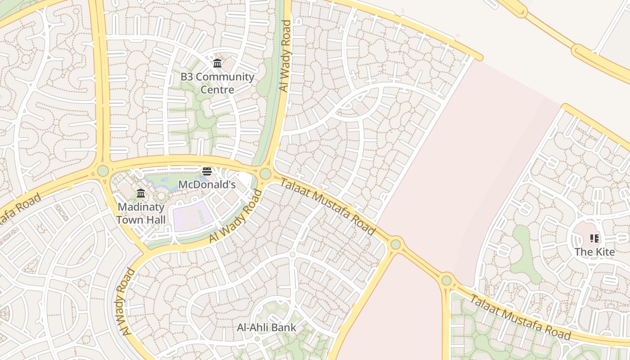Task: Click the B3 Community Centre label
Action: pyautogui.click(x=217, y=83)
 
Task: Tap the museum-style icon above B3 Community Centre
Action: pyautogui.click(x=217, y=63)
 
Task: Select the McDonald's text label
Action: pyautogui.click(x=207, y=184)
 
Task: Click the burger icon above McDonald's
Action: pyautogui.click(x=207, y=171)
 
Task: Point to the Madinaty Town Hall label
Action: pyautogui.click(x=141, y=213)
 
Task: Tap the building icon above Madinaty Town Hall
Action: pyautogui.click(x=141, y=193)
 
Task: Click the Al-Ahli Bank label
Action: pyautogui.click(x=266, y=328)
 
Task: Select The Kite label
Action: pyautogui.click(x=594, y=252)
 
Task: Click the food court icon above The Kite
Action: pyautogui.click(x=594, y=238)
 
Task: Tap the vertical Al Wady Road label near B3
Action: pyautogui.click(x=284, y=56)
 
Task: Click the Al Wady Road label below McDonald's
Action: pyautogui.click(x=236, y=217)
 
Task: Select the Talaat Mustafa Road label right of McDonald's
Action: pyautogui.click(x=328, y=206)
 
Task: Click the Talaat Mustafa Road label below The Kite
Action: pyautogui.click(x=521, y=317)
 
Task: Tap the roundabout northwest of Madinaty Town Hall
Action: pyautogui.click(x=103, y=171)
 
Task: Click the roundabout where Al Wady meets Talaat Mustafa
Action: pyautogui.click(x=265, y=174)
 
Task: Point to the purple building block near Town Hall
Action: pyautogui.click(x=193, y=217)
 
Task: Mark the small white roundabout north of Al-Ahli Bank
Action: pyautogui.click(x=292, y=255)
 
